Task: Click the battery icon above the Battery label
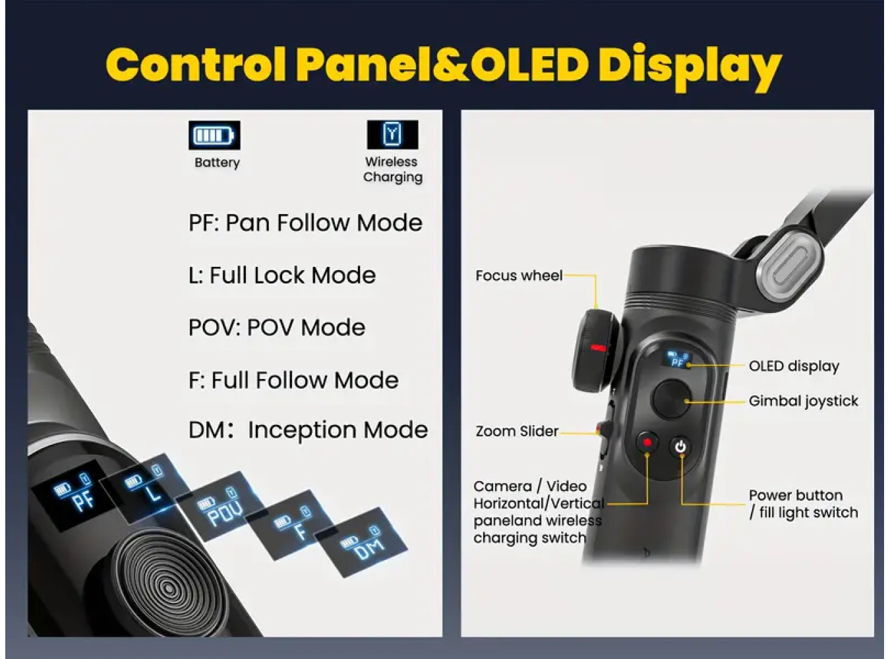pyautogui.click(x=214, y=135)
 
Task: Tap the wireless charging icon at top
pyautogui.click(x=392, y=134)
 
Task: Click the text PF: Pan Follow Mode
pyautogui.click(x=305, y=223)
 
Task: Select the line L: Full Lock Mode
pyautogui.click(x=282, y=275)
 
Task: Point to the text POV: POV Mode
pyautogui.click(x=277, y=328)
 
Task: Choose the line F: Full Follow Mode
pyautogui.click(x=293, y=380)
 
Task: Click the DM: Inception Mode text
pyautogui.click(x=308, y=430)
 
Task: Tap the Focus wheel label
pyautogui.click(x=519, y=275)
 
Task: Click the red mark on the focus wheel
pyautogui.click(x=599, y=347)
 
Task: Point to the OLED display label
pyautogui.click(x=794, y=366)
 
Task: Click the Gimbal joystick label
pyautogui.click(x=803, y=401)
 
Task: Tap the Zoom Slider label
pyautogui.click(x=517, y=431)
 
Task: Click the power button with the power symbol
pyautogui.click(x=680, y=447)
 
